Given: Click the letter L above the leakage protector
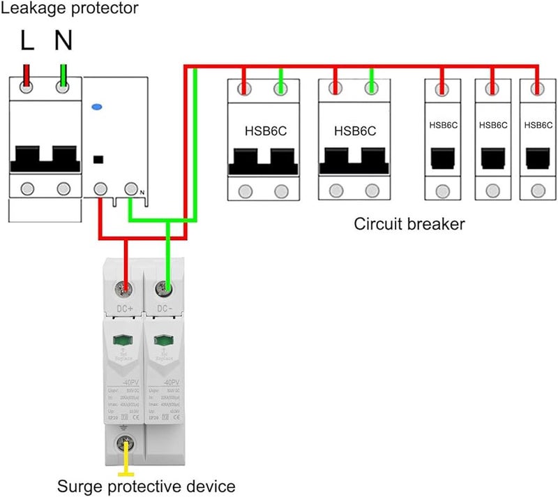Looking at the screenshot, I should coord(27,41).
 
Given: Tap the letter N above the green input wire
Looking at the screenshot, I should coord(63,41).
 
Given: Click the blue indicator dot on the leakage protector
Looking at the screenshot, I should coord(96,107).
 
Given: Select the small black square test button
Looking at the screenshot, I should coord(98,158).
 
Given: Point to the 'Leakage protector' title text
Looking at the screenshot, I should coord(69,9).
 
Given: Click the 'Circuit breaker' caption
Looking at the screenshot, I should coord(409,224).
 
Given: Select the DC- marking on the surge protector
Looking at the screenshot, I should coord(165,307).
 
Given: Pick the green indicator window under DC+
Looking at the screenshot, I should coord(124,340).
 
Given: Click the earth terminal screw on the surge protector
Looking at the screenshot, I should coord(126,440).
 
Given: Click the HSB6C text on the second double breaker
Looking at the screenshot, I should coord(355,130).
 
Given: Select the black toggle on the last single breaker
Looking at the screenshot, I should coord(537,158).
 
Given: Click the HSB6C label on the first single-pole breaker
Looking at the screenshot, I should coord(444,125).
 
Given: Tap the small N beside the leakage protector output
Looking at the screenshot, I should coord(142,193).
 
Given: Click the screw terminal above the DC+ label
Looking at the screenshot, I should coord(126,287).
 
